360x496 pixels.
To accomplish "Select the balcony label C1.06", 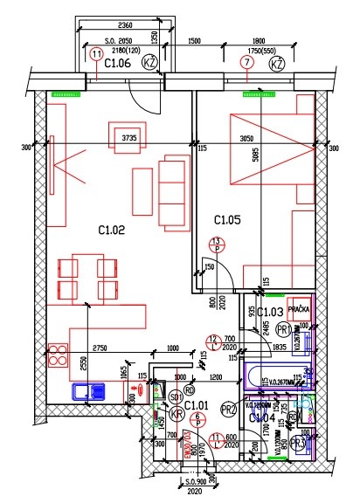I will click(x=118, y=64).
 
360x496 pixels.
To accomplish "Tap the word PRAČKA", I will click(x=301, y=310).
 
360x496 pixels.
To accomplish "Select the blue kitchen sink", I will click(x=88, y=392).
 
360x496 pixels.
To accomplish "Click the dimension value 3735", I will click(x=129, y=137).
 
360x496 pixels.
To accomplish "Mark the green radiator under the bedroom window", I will click(x=257, y=89).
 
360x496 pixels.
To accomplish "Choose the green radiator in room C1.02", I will click(x=64, y=89).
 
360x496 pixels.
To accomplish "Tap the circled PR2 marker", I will click(x=229, y=409).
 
